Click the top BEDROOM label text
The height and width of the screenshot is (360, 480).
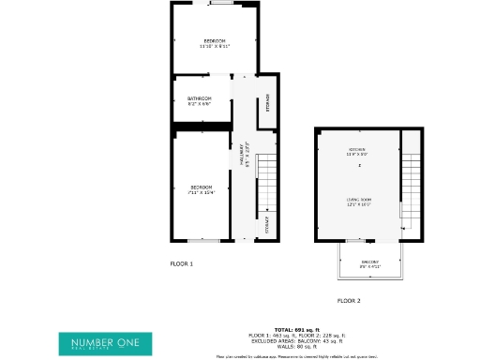(216, 40)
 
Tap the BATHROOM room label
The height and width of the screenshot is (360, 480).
(200, 98)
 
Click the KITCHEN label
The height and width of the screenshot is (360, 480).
(357, 150)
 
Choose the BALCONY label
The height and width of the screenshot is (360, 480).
(369, 262)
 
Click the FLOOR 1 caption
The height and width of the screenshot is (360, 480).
(181, 264)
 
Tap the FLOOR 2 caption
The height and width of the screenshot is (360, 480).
(349, 301)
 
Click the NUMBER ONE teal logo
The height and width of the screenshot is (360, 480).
(105, 343)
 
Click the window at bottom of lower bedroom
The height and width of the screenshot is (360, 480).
(203, 241)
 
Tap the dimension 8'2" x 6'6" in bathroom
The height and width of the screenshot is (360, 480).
(200, 104)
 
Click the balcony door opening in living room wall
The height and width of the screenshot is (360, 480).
(357, 241)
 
